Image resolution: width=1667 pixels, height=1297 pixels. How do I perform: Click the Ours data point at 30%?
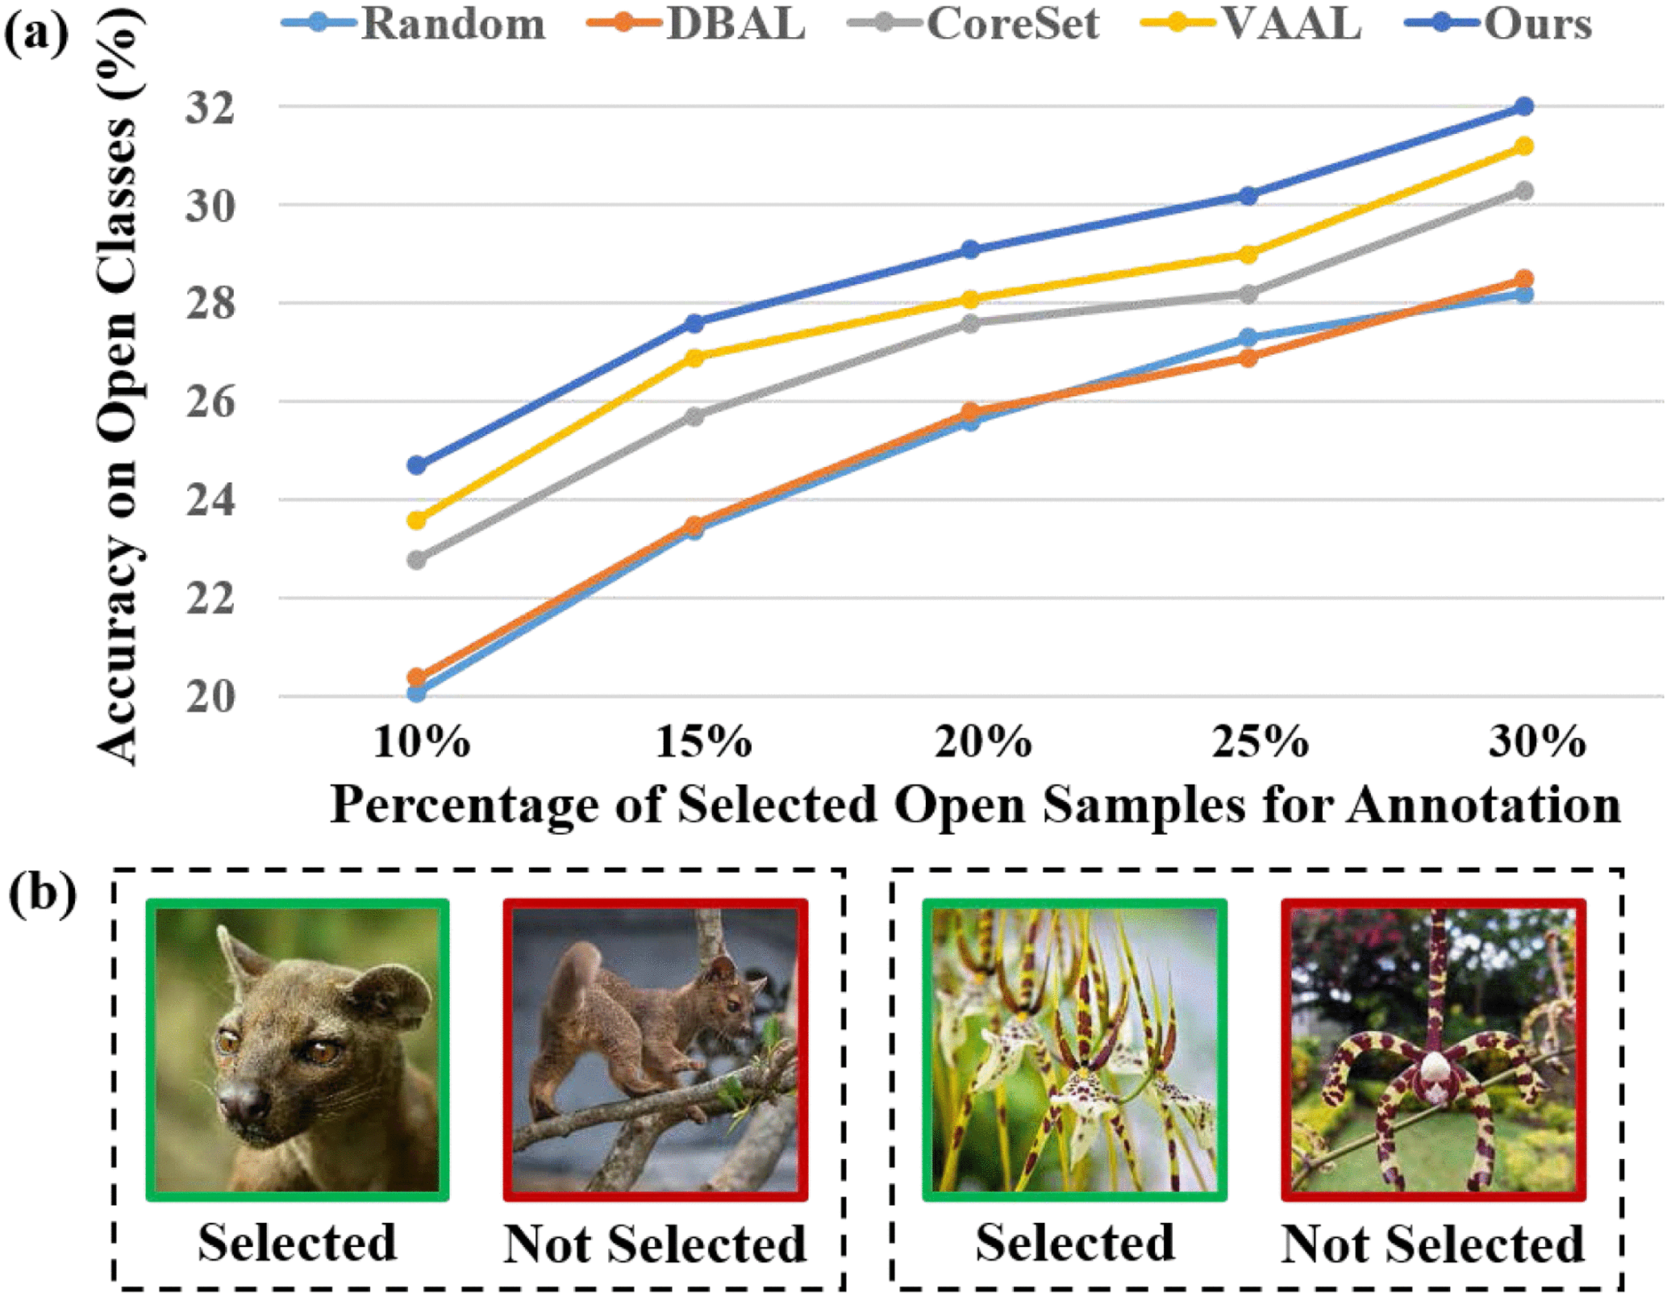click(x=1523, y=106)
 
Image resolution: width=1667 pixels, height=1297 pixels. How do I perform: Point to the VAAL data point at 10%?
click(x=417, y=520)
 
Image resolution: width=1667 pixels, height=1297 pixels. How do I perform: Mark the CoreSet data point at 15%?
click(x=694, y=416)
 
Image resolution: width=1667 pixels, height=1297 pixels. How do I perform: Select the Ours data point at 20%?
click(x=971, y=249)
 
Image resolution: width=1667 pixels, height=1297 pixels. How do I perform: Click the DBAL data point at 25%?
click(x=1248, y=357)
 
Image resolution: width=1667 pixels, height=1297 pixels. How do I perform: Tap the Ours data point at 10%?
click(x=417, y=465)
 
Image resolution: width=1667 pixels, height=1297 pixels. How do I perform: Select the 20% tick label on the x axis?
click(x=983, y=740)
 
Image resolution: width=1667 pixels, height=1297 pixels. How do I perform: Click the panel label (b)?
click(x=42, y=894)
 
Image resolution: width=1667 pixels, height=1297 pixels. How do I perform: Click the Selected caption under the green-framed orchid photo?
click(x=1074, y=1242)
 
